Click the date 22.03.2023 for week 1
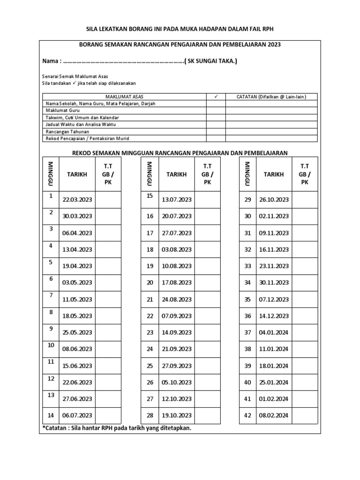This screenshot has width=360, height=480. point(77,199)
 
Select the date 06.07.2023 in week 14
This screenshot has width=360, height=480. point(77,415)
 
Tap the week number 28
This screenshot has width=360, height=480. point(150,415)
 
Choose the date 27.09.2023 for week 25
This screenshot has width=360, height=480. point(176,365)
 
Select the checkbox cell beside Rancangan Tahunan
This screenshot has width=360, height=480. point(216,132)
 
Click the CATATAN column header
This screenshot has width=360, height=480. point(271,97)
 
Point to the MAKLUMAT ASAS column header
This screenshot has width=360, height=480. point(125,97)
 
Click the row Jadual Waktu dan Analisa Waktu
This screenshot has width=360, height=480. point(80,124)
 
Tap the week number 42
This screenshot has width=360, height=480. point(248,415)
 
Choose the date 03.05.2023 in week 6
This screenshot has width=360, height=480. point(77,282)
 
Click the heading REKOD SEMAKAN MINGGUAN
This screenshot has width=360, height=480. point(180,152)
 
